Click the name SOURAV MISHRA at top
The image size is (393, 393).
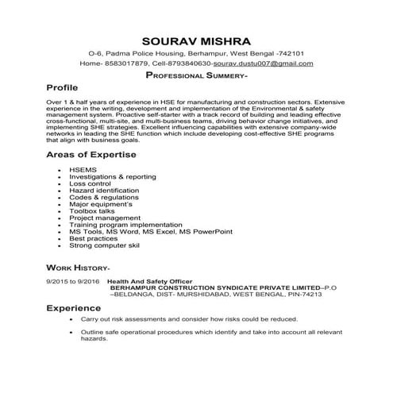click(x=196, y=40)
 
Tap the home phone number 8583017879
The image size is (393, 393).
click(x=125, y=63)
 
